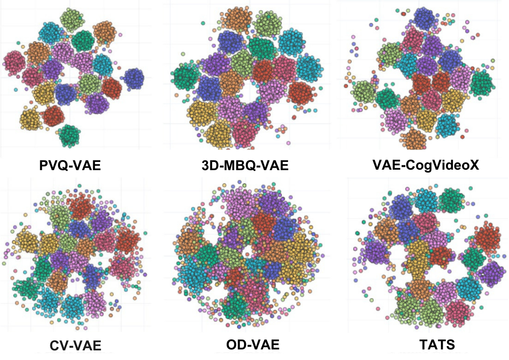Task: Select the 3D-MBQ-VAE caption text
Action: pyautogui.click(x=246, y=166)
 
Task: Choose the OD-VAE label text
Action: pyautogui.click(x=252, y=345)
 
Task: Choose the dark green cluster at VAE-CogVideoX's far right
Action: pyautogui.click(x=482, y=83)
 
